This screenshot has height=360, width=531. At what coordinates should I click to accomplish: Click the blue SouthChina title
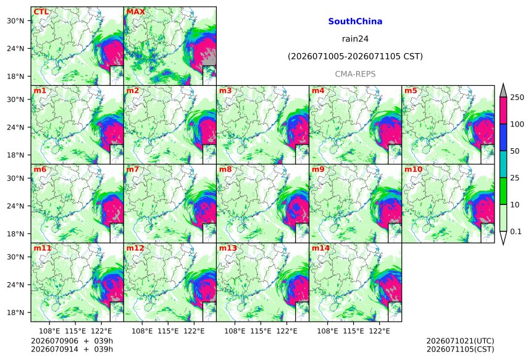(x=355, y=22)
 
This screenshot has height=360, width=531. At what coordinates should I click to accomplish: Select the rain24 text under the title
(x=355, y=39)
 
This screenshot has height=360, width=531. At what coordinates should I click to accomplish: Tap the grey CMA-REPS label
(x=355, y=74)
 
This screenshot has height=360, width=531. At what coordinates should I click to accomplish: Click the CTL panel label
(x=41, y=12)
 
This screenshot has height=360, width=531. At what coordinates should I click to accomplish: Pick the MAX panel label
(x=135, y=12)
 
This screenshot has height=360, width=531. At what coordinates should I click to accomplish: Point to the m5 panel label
(x=411, y=91)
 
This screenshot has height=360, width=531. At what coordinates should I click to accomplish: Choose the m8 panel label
(x=225, y=169)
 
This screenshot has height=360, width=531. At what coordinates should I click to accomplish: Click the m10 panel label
(x=413, y=169)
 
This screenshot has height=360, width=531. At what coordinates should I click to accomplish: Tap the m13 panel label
(x=228, y=248)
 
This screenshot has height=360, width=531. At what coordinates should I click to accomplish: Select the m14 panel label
(x=320, y=248)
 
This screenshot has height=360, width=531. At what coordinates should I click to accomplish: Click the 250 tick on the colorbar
(x=517, y=98)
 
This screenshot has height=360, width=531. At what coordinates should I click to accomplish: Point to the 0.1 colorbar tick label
(x=516, y=232)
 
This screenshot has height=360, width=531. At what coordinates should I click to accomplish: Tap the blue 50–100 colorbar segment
(x=503, y=137)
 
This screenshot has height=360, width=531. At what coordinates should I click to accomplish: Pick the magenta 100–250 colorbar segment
(x=503, y=111)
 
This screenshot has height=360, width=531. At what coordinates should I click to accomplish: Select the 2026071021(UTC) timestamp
(x=460, y=341)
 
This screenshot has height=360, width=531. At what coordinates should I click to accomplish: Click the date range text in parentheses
(x=355, y=56)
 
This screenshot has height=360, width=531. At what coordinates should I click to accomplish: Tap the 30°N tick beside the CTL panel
(x=15, y=21)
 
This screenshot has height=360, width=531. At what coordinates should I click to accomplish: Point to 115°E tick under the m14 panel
(x=354, y=331)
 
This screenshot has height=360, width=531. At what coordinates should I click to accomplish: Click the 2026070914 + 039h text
(x=72, y=349)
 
